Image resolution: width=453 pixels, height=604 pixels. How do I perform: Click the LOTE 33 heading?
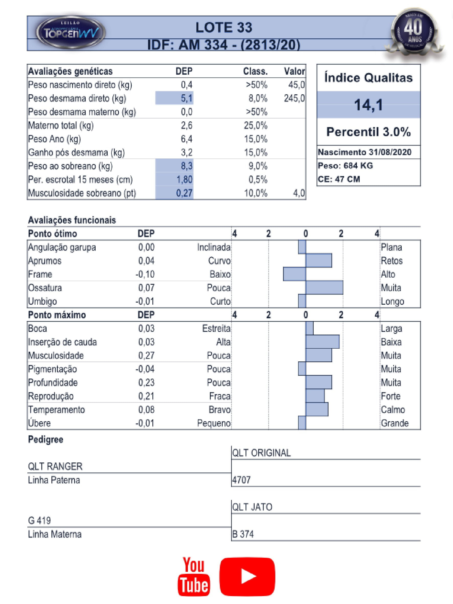(x=224, y=28)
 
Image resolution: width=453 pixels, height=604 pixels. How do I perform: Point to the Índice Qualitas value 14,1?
(x=368, y=105)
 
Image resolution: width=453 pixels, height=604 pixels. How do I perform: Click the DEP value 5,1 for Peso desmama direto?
(x=187, y=98)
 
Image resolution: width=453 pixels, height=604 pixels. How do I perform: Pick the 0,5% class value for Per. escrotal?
(x=257, y=180)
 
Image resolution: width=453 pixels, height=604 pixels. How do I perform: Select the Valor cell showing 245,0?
(x=294, y=98)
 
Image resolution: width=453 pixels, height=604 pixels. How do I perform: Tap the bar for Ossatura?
(x=324, y=288)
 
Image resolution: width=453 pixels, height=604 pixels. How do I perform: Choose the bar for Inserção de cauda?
(x=322, y=341)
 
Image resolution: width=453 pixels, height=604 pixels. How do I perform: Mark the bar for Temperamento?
(x=317, y=409)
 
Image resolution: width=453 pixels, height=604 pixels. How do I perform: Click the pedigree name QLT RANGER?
(x=55, y=466)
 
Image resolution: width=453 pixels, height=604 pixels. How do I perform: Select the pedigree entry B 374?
(x=243, y=534)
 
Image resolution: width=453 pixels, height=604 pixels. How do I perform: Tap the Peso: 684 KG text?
(x=345, y=166)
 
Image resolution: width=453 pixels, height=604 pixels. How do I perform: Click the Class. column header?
(x=255, y=72)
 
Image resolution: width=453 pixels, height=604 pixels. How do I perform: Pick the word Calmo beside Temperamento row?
(x=393, y=409)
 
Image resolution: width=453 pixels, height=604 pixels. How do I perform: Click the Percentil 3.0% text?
(x=368, y=132)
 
